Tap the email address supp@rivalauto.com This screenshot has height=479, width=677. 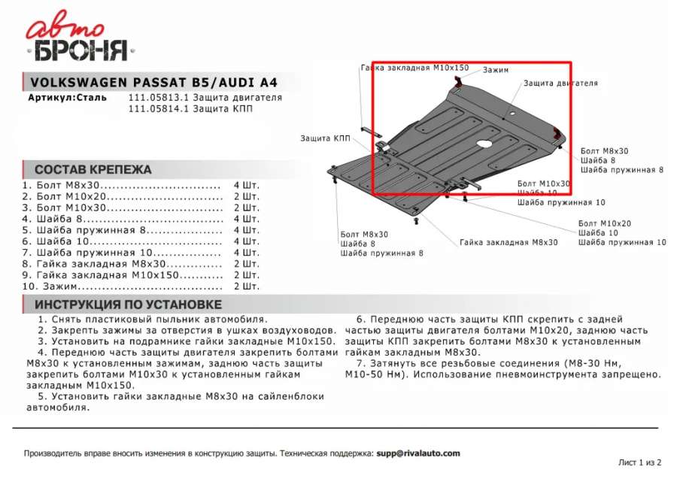point(418,453)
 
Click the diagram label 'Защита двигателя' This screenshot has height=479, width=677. point(560,83)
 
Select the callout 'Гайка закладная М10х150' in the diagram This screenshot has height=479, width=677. point(414,68)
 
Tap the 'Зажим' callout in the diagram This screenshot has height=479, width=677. point(496,70)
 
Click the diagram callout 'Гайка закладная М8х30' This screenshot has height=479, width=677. point(509,242)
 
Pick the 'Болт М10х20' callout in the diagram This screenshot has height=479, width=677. point(605,223)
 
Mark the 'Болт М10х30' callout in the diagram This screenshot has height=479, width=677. point(544,183)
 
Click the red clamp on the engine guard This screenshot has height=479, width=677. point(557,135)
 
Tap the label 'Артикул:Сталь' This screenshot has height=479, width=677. point(67,98)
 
